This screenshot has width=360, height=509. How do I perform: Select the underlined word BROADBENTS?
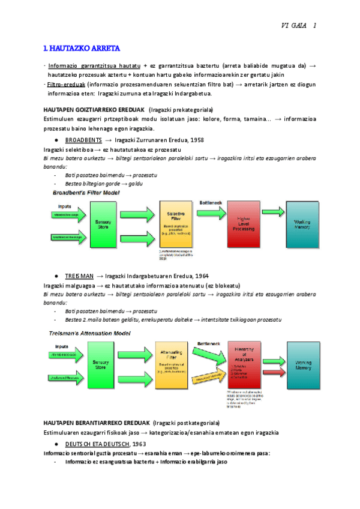pos(82,139)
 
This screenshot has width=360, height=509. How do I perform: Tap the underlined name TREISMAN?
pos(79,276)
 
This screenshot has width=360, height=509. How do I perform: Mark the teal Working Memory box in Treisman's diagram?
pos(307,366)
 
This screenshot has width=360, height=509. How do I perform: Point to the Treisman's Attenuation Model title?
pos(89,332)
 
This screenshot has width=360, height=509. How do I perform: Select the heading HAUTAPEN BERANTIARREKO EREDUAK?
pos(97,423)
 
